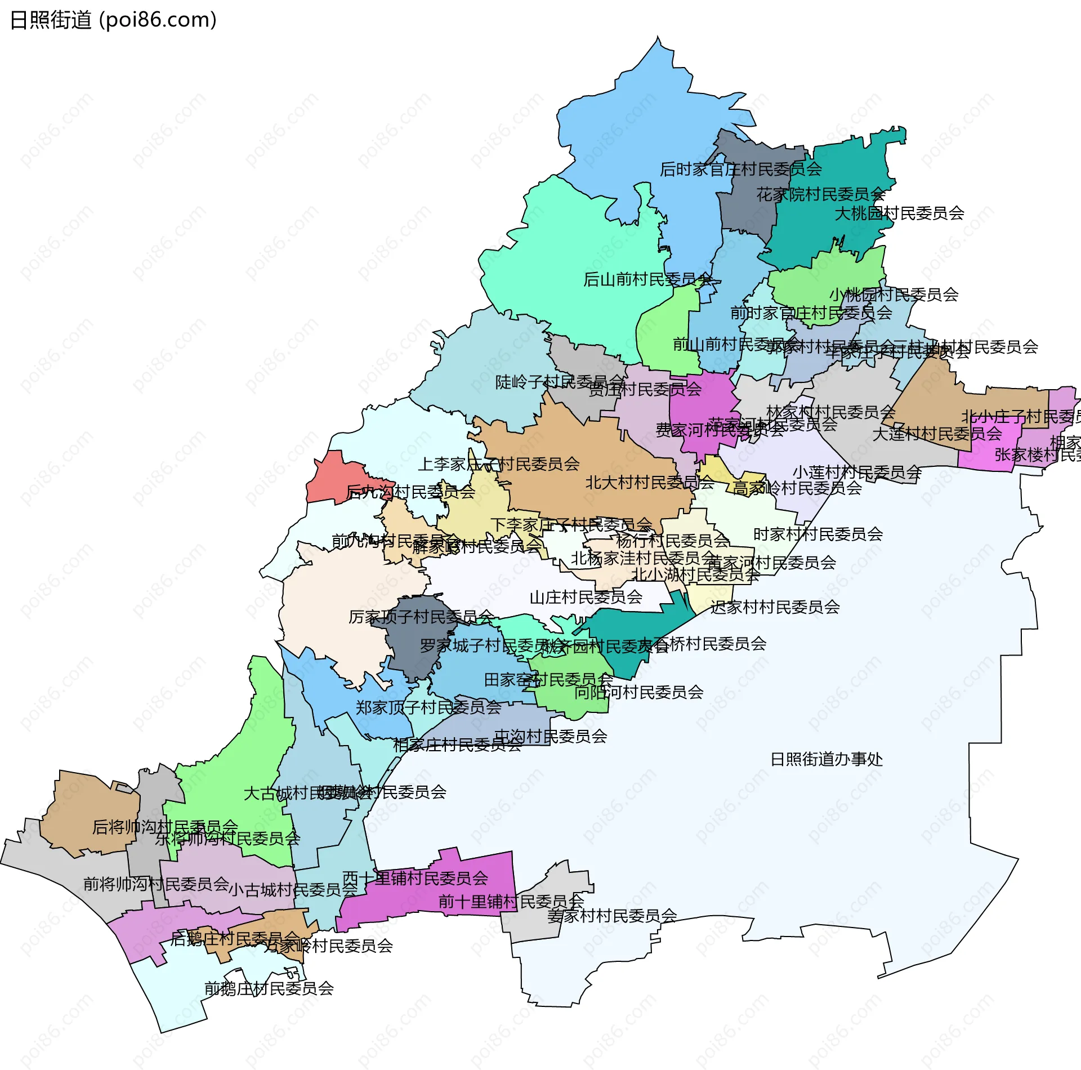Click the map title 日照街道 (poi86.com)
pyautogui.click(x=113, y=20)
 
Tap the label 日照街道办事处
pyautogui.click(x=826, y=760)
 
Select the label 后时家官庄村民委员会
pyautogui.click(x=740, y=169)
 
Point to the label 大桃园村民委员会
pyautogui.click(x=899, y=213)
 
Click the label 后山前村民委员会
pyautogui.click(x=647, y=279)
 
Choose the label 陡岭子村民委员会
pyautogui.click(x=560, y=382)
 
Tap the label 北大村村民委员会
pyautogui.click(x=650, y=483)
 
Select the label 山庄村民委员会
pyautogui.click(x=586, y=597)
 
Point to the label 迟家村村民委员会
pyautogui.click(x=775, y=607)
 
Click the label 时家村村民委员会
pyautogui.click(x=818, y=534)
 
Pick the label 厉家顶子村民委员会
pyautogui.click(x=421, y=617)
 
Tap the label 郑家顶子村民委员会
pyautogui.click(x=428, y=707)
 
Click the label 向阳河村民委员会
pyautogui.click(x=638, y=692)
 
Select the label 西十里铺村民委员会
pyautogui.click(x=415, y=878)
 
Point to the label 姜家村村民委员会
pyautogui.click(x=612, y=916)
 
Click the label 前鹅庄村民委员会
pyautogui.click(x=269, y=988)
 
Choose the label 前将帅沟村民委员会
pyautogui.click(x=156, y=884)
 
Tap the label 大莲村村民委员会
pyautogui.click(x=936, y=434)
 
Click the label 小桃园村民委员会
pyautogui.click(x=894, y=295)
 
